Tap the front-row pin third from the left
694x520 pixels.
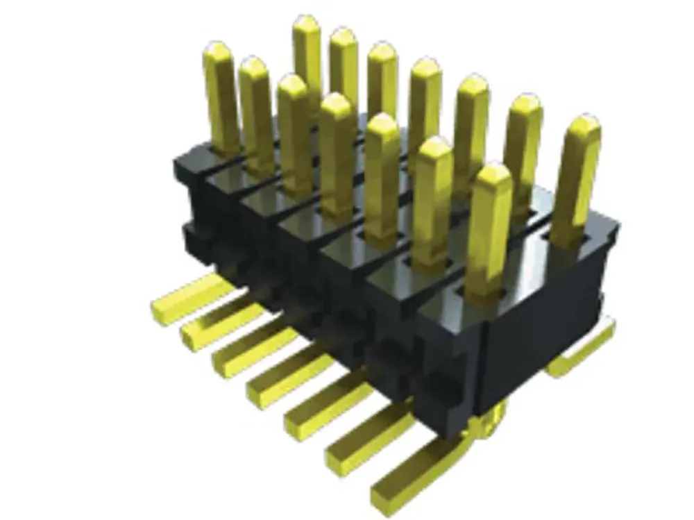coord(294,132)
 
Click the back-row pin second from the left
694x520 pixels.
coord(344,69)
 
